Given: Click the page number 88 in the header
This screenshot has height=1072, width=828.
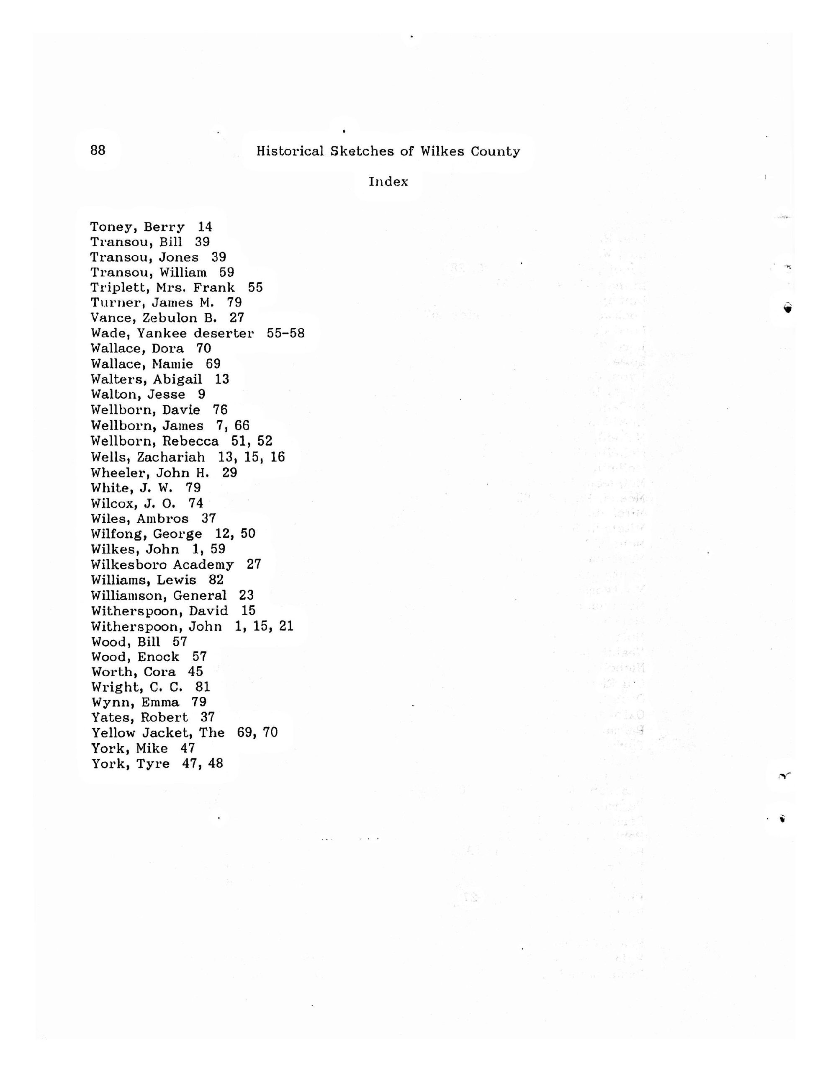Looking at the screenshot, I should (x=98, y=150).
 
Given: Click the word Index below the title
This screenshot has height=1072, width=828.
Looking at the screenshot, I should (x=388, y=182).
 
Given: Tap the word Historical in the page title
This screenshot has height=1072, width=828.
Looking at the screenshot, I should (x=290, y=151).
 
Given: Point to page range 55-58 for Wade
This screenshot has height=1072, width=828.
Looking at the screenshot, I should (x=285, y=333).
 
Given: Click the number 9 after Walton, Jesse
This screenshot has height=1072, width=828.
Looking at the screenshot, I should (x=202, y=394).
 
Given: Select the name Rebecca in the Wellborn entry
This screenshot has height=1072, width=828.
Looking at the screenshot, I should (x=190, y=441).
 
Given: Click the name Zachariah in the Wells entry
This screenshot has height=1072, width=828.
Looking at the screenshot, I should (x=171, y=457).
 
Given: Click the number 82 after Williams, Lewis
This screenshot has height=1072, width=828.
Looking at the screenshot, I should (x=216, y=580).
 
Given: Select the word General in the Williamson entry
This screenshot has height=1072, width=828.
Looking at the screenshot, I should (x=200, y=595).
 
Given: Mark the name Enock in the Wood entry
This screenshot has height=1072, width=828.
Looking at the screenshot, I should (x=159, y=657).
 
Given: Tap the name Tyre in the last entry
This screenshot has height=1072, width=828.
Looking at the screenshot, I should (x=153, y=764).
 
